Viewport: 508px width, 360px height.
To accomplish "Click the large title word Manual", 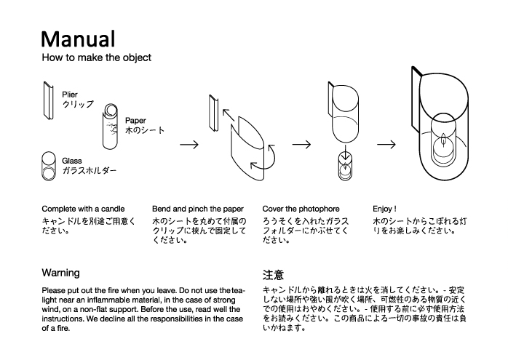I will pos(78,39).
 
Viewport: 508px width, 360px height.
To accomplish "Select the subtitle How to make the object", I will pos(96,57).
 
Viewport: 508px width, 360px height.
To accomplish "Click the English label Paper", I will pos(136,121).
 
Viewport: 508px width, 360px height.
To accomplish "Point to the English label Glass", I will pos(72,160).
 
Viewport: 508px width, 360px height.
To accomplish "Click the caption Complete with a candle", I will pos(83,208).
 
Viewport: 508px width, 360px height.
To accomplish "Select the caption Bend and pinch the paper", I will pos(198,208).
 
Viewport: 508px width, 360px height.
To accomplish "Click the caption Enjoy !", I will pos(385,208).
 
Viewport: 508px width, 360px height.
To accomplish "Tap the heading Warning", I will pos(60,273).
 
